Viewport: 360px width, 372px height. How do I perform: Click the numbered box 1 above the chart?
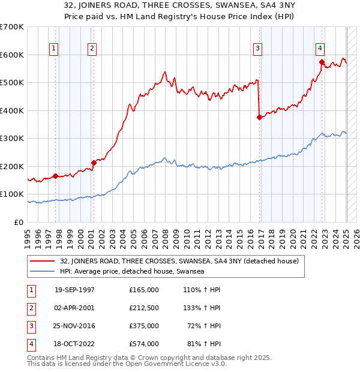pyautogui.click(x=54, y=49)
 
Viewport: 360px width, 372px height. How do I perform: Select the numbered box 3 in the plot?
pyautogui.click(x=257, y=49)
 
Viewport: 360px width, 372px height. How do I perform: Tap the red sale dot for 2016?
pyautogui.click(x=259, y=118)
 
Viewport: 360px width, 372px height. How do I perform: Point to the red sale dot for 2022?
pyautogui.click(x=322, y=62)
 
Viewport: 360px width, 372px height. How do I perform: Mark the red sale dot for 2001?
pyautogui.click(x=94, y=163)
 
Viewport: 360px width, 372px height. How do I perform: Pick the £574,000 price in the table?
pyautogui.click(x=144, y=344)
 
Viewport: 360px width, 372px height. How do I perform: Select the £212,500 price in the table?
pyautogui.click(x=144, y=308)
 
